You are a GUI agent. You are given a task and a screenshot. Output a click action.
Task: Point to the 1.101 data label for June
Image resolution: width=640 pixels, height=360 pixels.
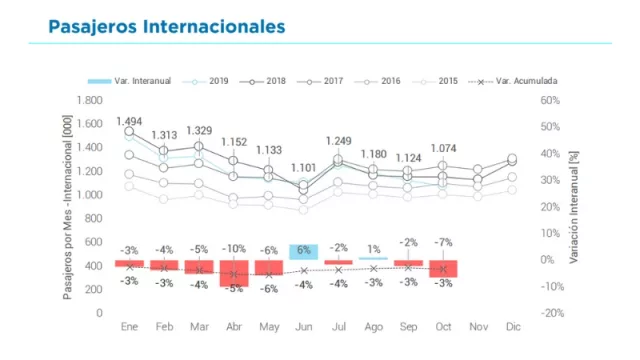coord(304,167)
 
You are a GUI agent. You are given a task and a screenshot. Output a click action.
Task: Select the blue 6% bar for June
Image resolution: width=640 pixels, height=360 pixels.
coord(304,252)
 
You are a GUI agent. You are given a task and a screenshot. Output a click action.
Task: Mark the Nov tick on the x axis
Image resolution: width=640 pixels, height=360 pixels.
coord(479,327)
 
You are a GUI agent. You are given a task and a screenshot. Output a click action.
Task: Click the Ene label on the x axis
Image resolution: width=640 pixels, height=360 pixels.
coord(129,327)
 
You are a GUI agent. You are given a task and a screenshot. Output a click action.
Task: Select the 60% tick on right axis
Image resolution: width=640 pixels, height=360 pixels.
coord(549,100)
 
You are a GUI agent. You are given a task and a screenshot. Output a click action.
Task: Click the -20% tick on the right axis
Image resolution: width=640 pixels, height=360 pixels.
coord(551,313)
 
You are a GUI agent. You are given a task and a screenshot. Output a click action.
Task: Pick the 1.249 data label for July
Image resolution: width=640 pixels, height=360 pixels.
coord(339,141)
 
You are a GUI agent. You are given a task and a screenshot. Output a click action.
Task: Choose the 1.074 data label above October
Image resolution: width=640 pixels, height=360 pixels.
coord(444,148)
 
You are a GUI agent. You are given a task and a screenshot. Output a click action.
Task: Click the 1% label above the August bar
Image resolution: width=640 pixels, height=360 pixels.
coord(374,249)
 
